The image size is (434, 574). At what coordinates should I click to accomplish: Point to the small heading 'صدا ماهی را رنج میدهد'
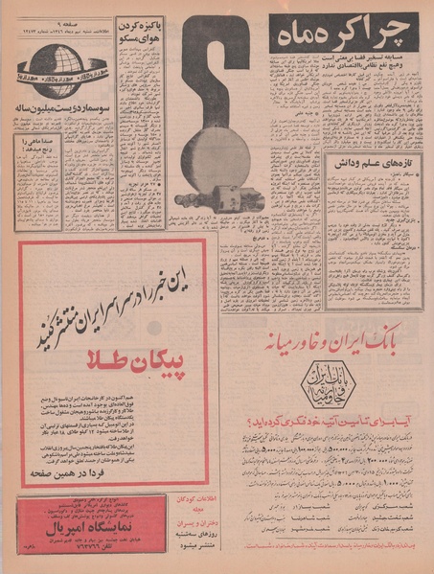click(38, 146)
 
